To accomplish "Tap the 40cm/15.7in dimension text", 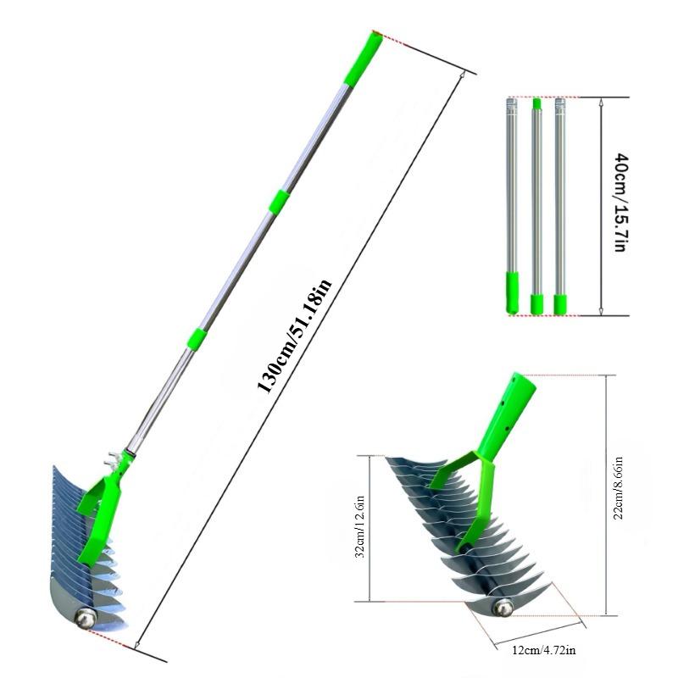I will [620, 203].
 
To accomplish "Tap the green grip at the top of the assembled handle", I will [362, 58].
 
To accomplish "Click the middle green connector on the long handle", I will [279, 201].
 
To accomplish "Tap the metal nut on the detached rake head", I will [503, 607].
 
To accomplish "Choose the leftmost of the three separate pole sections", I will [511, 203].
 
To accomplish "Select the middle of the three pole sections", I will [536, 203].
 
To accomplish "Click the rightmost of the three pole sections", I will [559, 203].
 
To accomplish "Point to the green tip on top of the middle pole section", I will [536, 104].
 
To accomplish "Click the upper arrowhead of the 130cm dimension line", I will [462, 76].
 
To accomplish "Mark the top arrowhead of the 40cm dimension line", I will [601, 103].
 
